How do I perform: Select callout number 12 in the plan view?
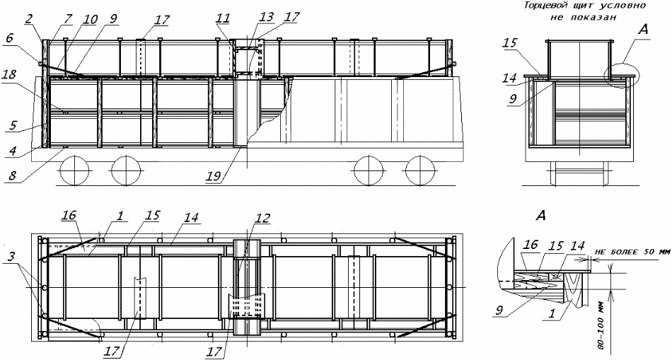click(x=262, y=219)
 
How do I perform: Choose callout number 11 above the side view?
click(x=224, y=18)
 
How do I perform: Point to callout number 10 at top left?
click(x=91, y=18)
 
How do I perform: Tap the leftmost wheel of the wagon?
click(x=74, y=170)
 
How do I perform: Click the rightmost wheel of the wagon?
click(x=420, y=170)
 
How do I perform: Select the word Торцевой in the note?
click(x=541, y=6)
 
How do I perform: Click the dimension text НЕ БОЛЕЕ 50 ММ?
click(x=632, y=253)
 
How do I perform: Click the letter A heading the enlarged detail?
click(x=541, y=216)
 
